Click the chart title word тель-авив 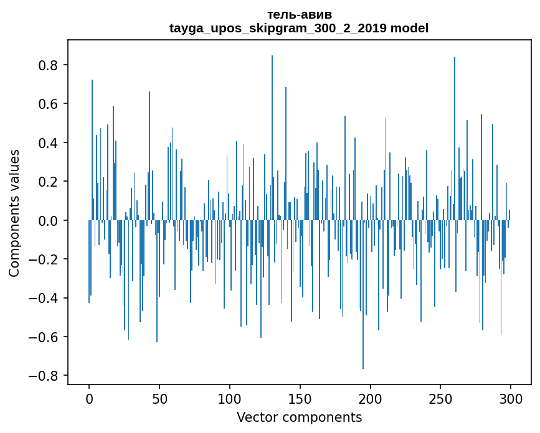tap(299, 14)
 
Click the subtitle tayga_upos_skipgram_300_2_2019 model tap(299, 28)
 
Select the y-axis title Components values tap(14, 213)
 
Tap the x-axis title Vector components tap(299, 417)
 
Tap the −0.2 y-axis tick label tap(46, 259)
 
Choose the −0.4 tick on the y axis tap(46, 298)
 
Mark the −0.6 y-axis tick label tap(46, 337)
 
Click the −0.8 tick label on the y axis tap(46, 376)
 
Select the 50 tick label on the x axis tap(159, 398)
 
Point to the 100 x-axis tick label tap(230, 398)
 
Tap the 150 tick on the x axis tap(300, 398)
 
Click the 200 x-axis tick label tap(371, 398)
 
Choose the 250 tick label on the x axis tap(441, 398)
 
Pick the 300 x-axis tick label tap(511, 398)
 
